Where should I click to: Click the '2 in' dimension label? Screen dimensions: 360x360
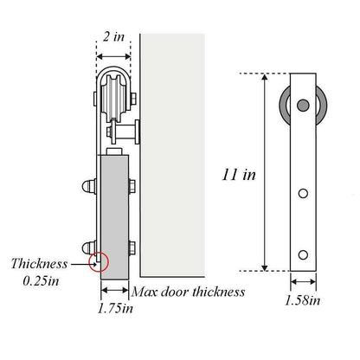(x=112, y=38)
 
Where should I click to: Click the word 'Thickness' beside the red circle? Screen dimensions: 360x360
(x=40, y=264)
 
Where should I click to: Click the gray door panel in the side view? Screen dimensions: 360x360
(x=114, y=212)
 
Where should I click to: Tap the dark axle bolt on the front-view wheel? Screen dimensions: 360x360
(x=302, y=106)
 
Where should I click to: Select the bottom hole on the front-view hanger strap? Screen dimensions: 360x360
(x=303, y=254)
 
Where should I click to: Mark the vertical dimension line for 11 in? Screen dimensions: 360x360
(x=265, y=173)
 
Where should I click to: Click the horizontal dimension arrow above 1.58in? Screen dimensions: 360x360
(x=303, y=281)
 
